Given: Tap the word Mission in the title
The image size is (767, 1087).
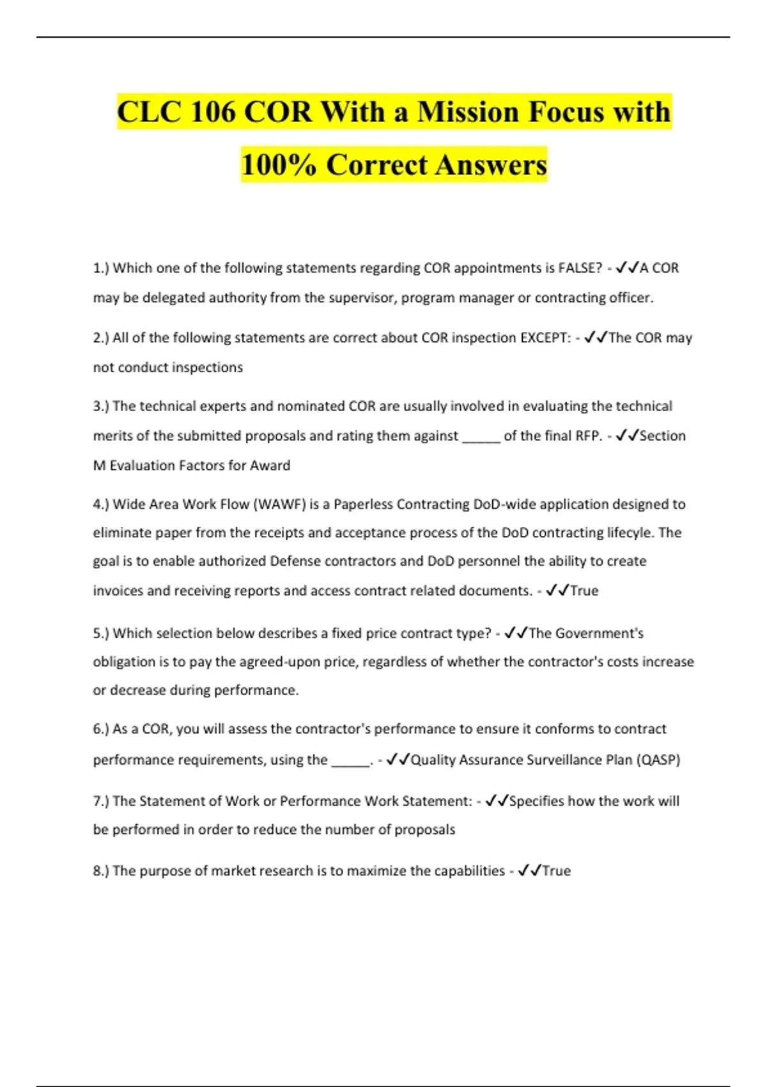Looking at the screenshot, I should pos(468,113).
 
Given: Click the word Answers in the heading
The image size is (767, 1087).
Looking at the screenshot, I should pos(492,165).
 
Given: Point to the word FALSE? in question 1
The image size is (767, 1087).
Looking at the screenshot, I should pos(580,268).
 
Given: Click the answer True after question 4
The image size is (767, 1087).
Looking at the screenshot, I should pos(584,591).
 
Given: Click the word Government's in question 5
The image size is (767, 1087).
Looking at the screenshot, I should pos(599,633).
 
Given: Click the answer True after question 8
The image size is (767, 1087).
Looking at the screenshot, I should pos(556,871).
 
